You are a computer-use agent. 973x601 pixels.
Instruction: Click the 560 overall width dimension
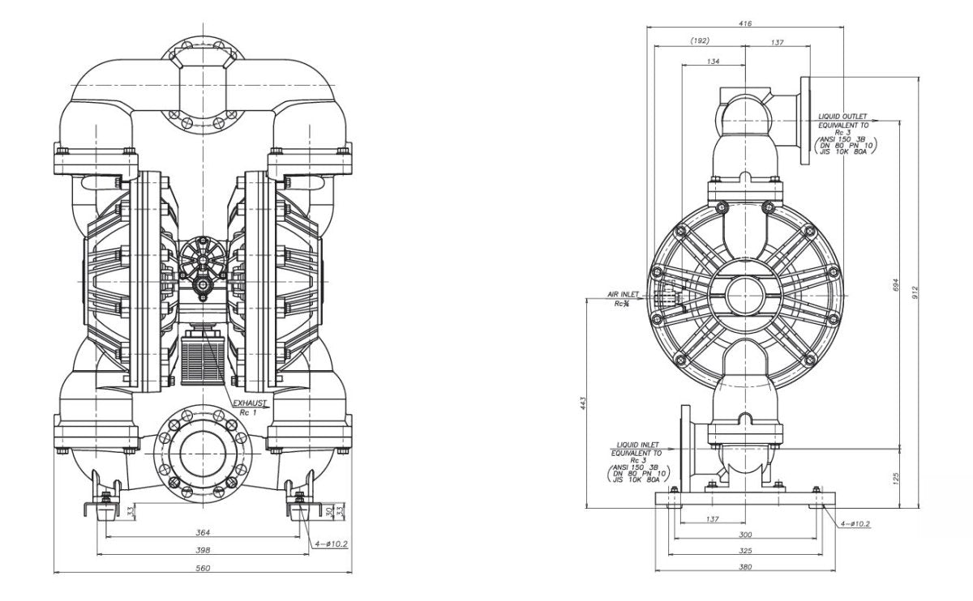point(203,568)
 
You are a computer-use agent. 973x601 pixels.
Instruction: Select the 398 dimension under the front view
point(203,550)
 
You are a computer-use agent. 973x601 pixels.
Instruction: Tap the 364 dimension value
point(203,532)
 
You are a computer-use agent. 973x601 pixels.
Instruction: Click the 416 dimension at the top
point(745,23)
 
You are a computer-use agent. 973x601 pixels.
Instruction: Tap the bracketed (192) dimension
point(700,40)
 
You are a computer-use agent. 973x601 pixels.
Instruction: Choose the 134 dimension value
point(714,61)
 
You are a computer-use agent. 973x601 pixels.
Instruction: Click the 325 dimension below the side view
point(745,550)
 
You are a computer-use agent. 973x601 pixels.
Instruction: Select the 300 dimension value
point(745,535)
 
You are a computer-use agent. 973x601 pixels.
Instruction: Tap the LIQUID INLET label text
point(638,445)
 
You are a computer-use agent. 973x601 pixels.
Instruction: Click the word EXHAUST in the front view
point(249,402)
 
